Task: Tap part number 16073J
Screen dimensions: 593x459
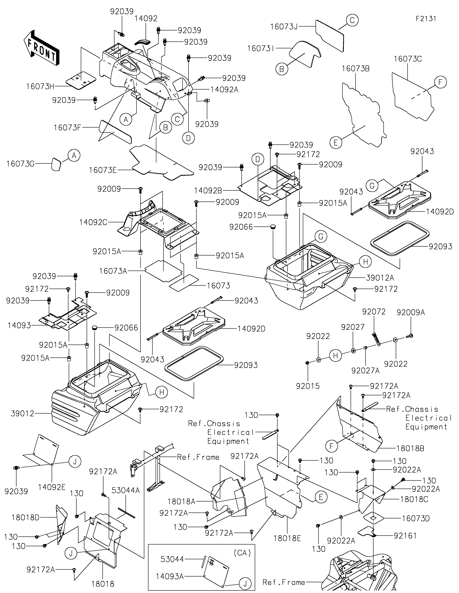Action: point(284,27)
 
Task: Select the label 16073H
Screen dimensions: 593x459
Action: point(40,87)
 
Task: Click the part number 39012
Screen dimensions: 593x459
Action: point(23,414)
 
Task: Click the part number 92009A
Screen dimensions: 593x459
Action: point(410,313)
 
